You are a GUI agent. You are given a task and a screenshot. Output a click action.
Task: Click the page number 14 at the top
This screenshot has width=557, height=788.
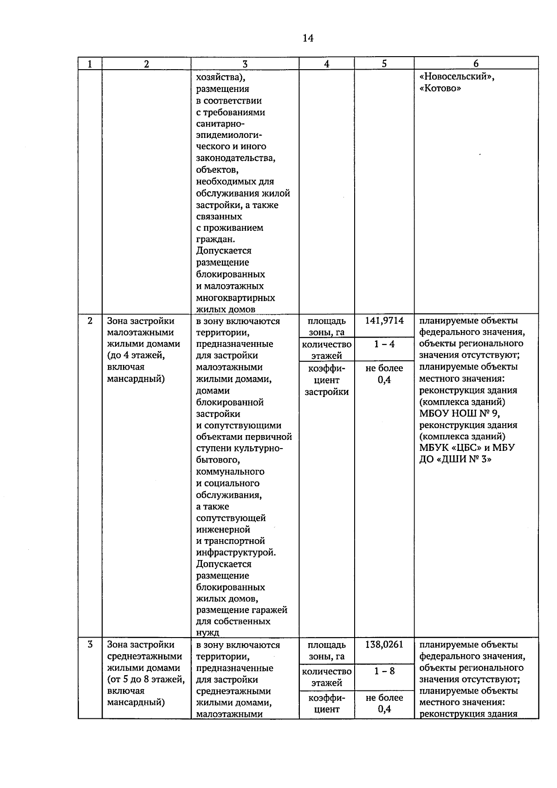coord(308,38)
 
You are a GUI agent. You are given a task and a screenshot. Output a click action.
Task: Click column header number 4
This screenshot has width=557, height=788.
coord(327,64)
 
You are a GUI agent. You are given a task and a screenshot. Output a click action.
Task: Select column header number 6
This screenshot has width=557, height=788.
coord(476,64)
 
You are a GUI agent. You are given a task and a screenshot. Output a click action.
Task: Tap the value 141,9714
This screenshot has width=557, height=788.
coord(384,321)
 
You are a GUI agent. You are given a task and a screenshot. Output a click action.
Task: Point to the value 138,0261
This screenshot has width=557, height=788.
coord(384,645)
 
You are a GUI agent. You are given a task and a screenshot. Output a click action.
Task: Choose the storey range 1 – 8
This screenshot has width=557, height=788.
coord(384,671)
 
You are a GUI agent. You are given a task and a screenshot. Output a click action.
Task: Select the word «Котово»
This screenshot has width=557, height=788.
coord(440,89)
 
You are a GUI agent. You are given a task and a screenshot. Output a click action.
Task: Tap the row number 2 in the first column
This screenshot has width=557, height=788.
coord(90,321)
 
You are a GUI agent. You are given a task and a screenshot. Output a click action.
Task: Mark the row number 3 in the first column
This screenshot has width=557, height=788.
coord(90,645)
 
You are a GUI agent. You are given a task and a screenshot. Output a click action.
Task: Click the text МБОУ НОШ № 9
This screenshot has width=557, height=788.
coord(460,414)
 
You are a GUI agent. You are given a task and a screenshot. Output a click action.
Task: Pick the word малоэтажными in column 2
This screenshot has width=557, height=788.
coord(141,332)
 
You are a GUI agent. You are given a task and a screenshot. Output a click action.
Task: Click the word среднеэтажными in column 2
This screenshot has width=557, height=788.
coord(144,657)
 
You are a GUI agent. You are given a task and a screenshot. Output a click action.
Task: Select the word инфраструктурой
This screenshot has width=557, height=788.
coord(236,553)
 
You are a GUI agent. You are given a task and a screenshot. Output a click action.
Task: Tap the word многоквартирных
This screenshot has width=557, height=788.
coord(235,298)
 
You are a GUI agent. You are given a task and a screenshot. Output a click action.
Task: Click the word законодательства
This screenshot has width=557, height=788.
coord(235,158)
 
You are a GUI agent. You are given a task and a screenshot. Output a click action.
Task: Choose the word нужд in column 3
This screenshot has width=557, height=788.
coord(207,633)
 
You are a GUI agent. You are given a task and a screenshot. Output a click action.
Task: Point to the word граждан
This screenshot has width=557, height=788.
coord(215,240)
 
